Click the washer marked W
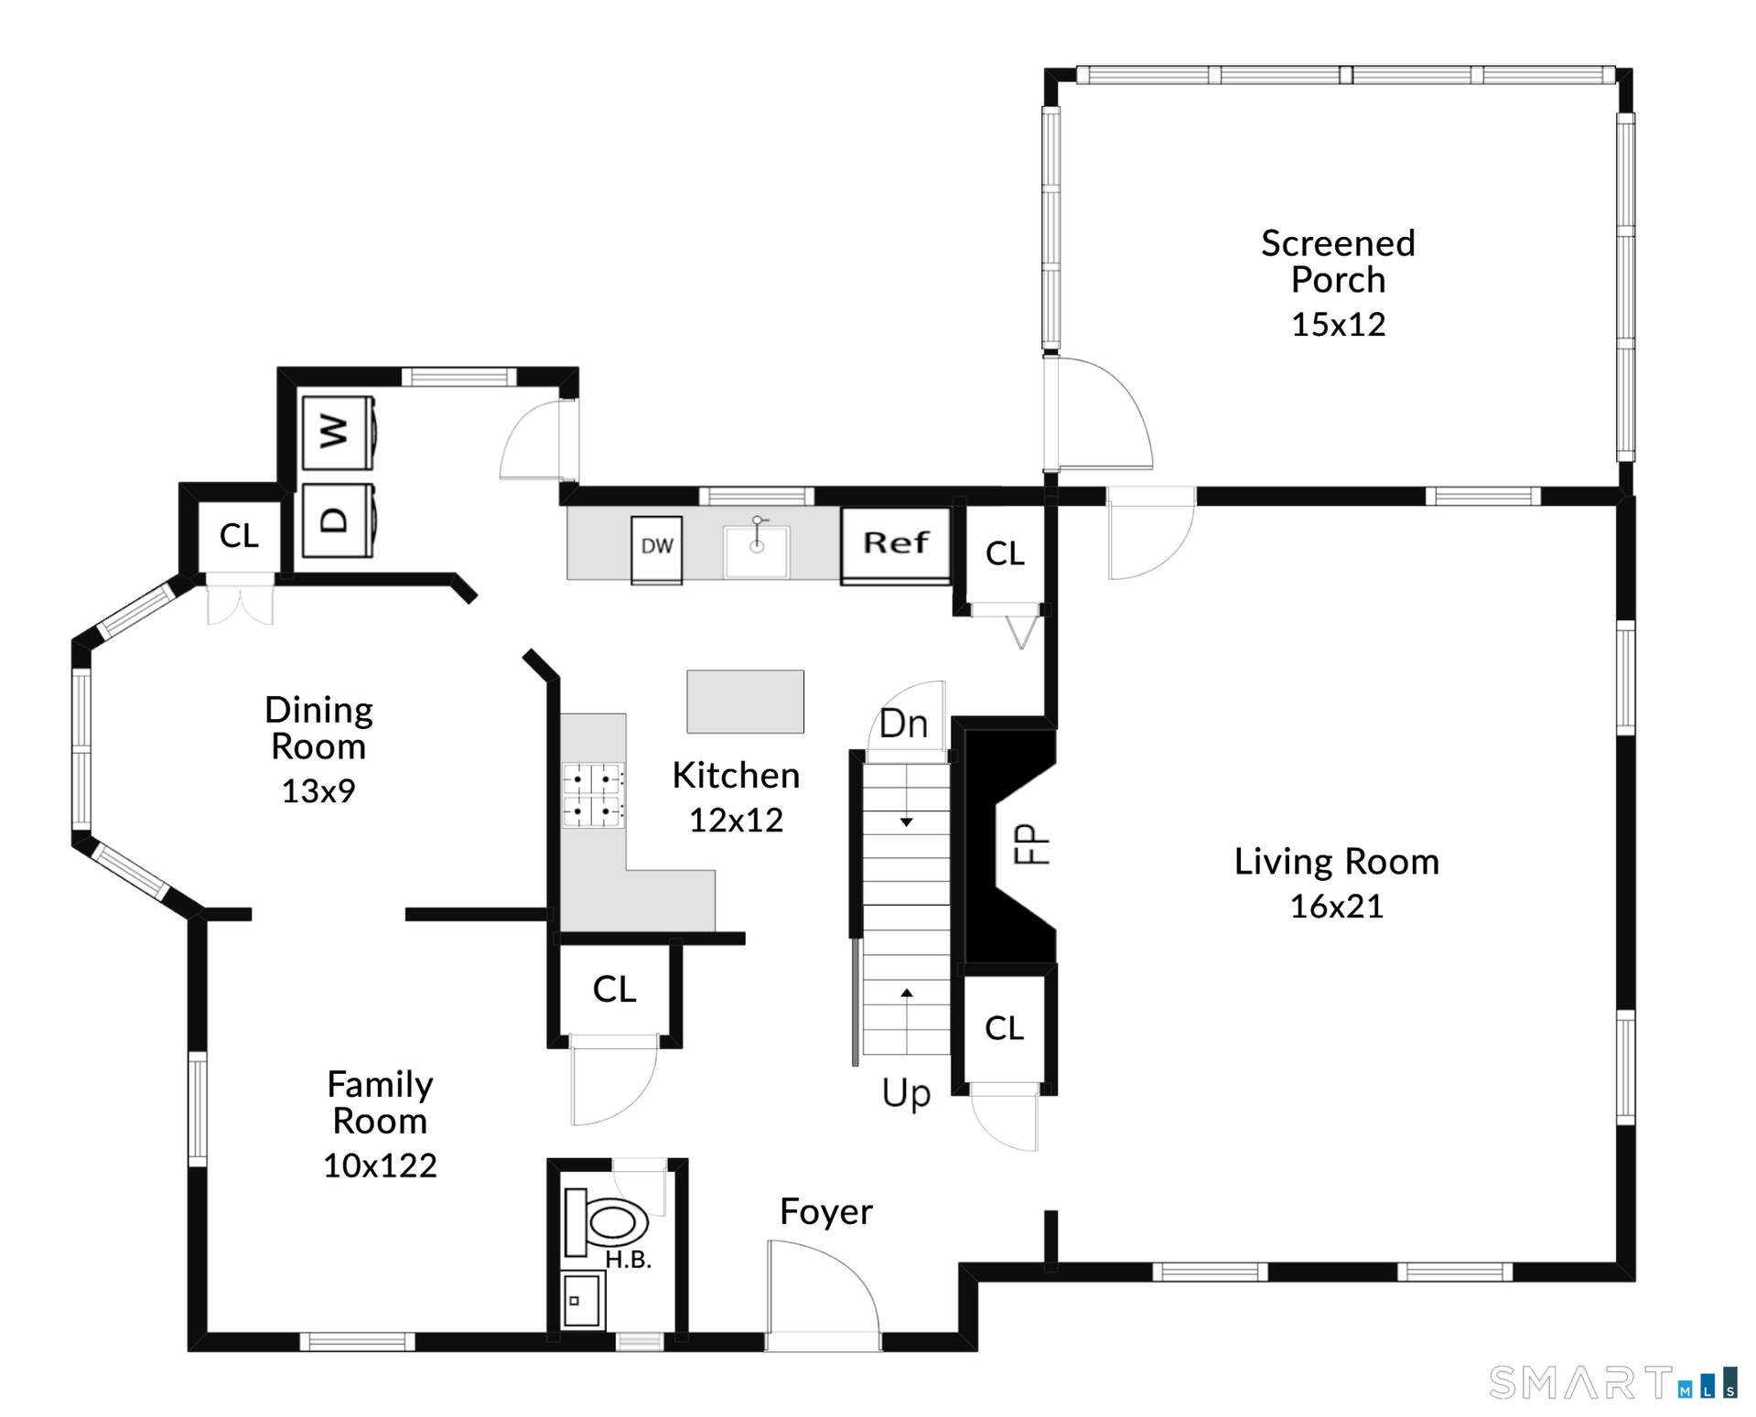[338, 431]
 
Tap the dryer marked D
[338, 520]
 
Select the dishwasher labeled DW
[657, 549]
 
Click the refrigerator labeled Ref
[896, 545]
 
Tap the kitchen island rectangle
[746, 702]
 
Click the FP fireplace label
[1030, 844]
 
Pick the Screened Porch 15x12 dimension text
[1338, 325]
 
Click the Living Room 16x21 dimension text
[1336, 907]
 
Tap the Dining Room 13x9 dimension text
[318, 791]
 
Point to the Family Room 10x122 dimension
[380, 1165]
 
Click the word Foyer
[826, 1212]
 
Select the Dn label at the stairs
[903, 724]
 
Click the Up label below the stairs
[906, 1093]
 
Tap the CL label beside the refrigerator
[1005, 553]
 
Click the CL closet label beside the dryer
[239, 536]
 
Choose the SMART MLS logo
[1612, 1382]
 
